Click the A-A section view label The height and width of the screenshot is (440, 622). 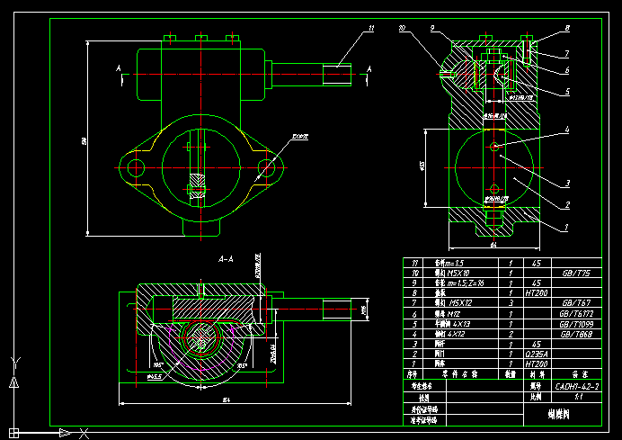click(227, 258)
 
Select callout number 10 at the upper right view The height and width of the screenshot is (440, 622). click(402, 29)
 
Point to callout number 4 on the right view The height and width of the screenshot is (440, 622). click(567, 130)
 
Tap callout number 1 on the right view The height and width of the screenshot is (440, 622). click(567, 228)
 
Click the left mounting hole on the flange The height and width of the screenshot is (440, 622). click(136, 167)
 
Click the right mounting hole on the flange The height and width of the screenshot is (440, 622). click(266, 167)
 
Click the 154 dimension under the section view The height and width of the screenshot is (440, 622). click(201, 400)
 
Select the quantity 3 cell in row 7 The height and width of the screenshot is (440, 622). click(511, 303)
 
